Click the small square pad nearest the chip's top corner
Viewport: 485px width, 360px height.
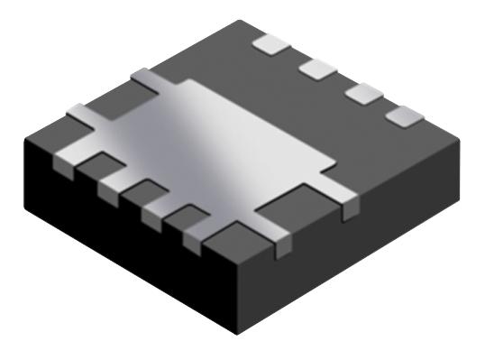click(270, 42)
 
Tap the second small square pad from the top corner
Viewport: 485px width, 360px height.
click(316, 68)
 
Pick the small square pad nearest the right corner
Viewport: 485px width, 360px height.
click(403, 115)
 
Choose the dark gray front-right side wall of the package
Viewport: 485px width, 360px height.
click(361, 244)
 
